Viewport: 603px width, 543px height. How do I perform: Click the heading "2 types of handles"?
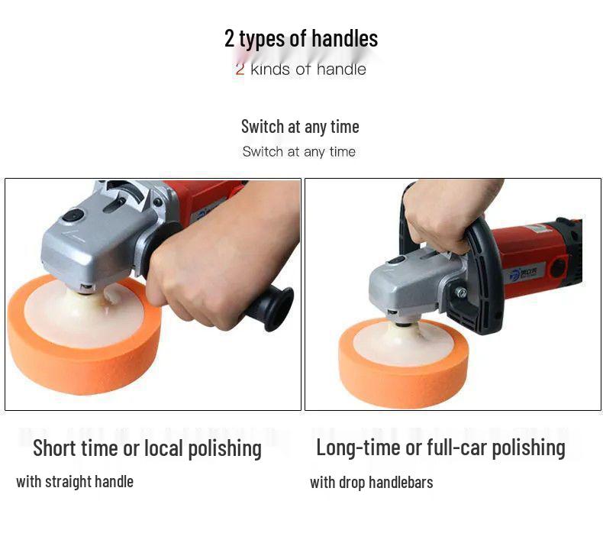click(301, 38)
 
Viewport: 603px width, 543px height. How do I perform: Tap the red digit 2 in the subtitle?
click(240, 69)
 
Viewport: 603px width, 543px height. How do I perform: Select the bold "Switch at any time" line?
click(300, 126)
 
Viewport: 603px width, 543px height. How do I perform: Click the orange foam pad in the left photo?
click(84, 359)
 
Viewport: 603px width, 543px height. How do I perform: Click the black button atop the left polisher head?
click(73, 216)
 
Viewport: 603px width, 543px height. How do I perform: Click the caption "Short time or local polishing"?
click(147, 448)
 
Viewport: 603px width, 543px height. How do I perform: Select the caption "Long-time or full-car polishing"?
click(440, 448)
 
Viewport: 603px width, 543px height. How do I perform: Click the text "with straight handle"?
click(75, 481)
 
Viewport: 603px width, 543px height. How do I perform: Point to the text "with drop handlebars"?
click(371, 482)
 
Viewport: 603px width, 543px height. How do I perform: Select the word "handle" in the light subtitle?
click(341, 69)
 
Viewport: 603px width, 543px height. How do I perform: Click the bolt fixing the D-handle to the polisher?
click(461, 293)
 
